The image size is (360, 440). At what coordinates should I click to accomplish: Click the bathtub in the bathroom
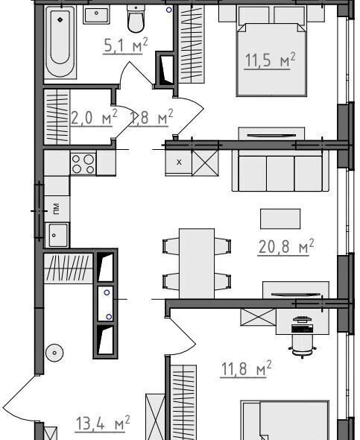click(60, 43)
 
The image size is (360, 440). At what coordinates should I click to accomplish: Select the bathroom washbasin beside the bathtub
click(96, 15)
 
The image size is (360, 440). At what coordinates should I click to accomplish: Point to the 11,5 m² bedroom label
click(270, 60)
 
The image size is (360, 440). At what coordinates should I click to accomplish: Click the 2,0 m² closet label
click(94, 117)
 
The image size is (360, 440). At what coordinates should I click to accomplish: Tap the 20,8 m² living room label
click(285, 247)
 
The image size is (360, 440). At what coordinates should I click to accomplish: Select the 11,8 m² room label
click(246, 368)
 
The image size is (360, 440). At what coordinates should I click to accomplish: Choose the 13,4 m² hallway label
click(103, 423)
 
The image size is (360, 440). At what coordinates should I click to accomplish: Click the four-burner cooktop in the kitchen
click(83, 163)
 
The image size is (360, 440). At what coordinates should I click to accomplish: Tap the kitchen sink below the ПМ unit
click(57, 235)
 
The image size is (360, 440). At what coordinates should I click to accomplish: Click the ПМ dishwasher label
click(57, 209)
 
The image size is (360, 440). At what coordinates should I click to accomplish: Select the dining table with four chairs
click(197, 263)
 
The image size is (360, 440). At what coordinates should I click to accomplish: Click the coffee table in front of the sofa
click(280, 219)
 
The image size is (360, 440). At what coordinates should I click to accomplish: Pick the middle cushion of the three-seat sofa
click(280, 174)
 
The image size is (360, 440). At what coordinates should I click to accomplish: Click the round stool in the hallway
click(54, 353)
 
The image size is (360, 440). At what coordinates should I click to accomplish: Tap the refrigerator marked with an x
click(179, 163)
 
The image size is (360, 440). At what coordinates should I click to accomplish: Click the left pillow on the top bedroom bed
click(254, 16)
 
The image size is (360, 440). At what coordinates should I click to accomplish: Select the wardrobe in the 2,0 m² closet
click(57, 117)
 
